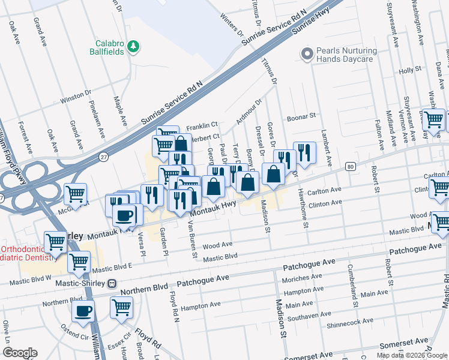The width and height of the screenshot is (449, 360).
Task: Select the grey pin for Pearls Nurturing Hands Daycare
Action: [x=308, y=55]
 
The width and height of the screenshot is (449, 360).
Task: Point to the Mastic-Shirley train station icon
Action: [x=112, y=283]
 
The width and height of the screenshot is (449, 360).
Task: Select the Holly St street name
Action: [x=411, y=70]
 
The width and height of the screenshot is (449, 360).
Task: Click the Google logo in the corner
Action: [x=20, y=353]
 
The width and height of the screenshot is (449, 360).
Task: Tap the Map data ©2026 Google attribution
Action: [x=412, y=355]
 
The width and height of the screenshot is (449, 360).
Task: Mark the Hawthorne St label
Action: [x=304, y=215]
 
